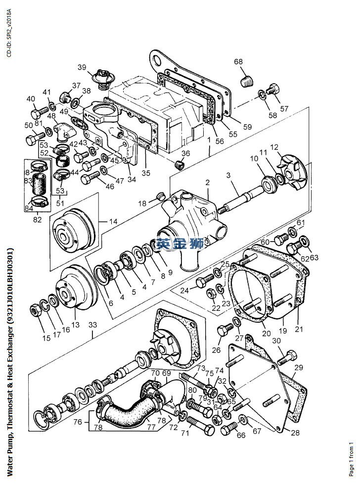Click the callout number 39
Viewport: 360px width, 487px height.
(x=82, y=67)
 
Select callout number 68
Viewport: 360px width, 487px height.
(x=238, y=62)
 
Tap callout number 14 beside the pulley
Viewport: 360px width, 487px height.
(x=113, y=222)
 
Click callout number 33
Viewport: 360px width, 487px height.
(x=92, y=325)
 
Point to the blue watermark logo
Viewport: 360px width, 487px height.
(x=180, y=243)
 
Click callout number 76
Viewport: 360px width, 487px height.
(x=78, y=422)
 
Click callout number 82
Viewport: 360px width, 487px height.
(x=38, y=218)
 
